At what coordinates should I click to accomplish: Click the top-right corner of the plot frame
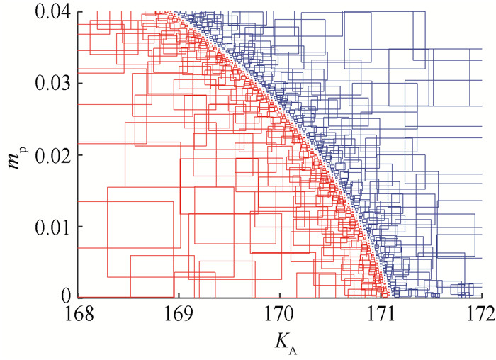click(x=483, y=12)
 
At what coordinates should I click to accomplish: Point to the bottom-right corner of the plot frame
click(x=483, y=297)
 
